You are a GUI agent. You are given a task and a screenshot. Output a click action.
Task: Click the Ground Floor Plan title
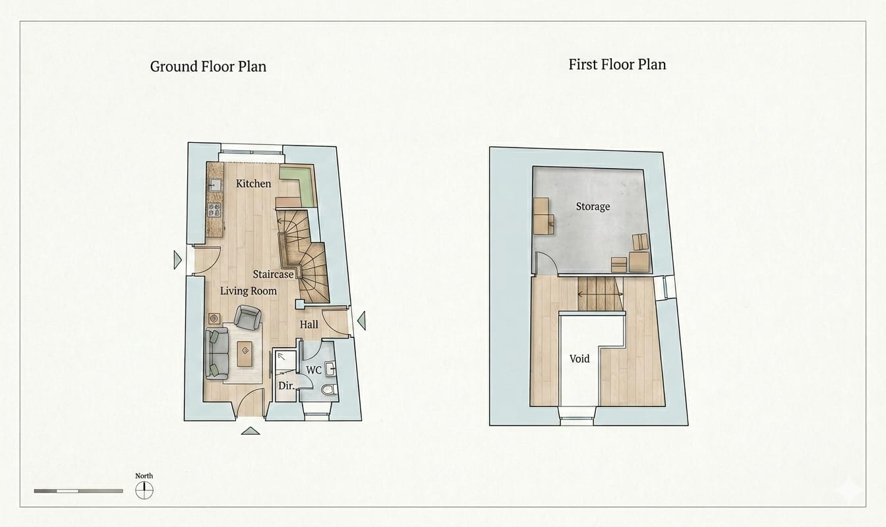click(208, 67)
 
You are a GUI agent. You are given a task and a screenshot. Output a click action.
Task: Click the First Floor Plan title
click(617, 65)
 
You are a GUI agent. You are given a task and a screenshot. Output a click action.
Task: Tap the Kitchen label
click(254, 183)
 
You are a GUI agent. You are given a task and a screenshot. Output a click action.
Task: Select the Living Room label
click(249, 291)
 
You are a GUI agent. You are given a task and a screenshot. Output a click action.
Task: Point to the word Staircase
click(274, 274)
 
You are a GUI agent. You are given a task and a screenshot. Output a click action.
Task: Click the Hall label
click(309, 325)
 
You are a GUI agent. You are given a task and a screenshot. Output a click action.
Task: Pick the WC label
click(314, 370)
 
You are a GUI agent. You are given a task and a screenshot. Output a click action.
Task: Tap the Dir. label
click(287, 386)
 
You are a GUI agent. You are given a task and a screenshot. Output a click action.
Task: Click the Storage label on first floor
click(593, 206)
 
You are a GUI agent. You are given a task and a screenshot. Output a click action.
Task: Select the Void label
click(579, 358)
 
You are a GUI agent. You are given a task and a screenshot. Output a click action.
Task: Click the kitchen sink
click(215, 185)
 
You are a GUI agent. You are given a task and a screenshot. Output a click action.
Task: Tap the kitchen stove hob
click(215, 210)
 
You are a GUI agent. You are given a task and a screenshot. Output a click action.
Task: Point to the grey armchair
click(248, 318)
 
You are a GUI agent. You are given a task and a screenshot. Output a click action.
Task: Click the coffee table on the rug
click(245, 354)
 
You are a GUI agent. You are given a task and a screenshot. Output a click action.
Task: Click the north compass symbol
click(144, 491)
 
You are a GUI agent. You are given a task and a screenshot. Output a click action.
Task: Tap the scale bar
click(78, 491)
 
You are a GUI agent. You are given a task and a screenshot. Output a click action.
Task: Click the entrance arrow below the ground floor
click(251, 431)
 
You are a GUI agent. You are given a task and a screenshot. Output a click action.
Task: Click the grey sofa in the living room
click(217, 354)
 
